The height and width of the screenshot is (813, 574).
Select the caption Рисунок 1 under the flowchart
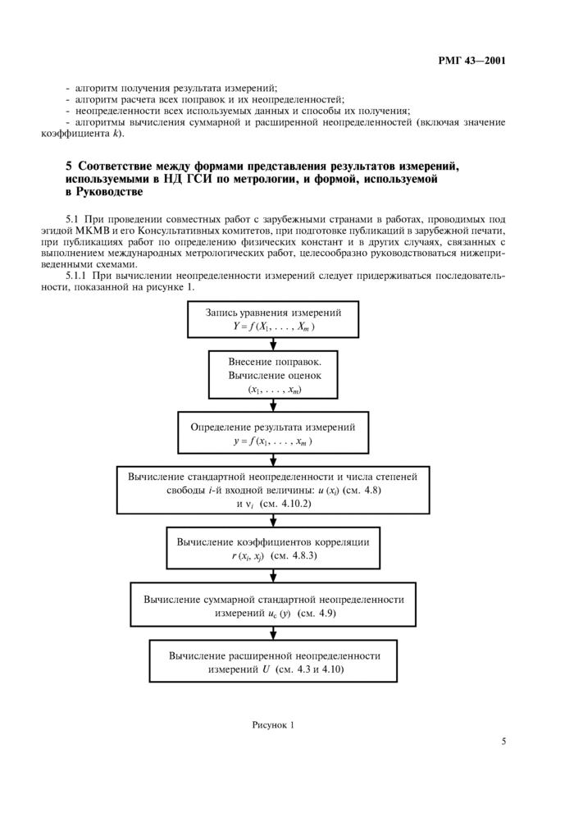point(273,725)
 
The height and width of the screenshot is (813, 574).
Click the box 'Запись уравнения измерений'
point(273,320)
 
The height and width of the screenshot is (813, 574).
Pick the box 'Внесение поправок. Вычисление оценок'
point(273,375)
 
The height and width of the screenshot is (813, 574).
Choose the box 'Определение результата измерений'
point(273,433)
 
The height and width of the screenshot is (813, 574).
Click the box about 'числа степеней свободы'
point(273,490)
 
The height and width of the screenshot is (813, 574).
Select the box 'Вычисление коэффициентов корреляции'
point(273,548)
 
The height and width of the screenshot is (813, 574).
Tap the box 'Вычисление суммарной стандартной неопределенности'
point(273,605)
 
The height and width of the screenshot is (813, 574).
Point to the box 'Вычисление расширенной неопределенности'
point(273,661)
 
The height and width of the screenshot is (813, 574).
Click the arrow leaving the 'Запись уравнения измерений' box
point(273,345)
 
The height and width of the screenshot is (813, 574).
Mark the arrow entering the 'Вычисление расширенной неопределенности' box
point(273,633)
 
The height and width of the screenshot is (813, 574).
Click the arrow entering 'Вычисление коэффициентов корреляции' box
point(273,520)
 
